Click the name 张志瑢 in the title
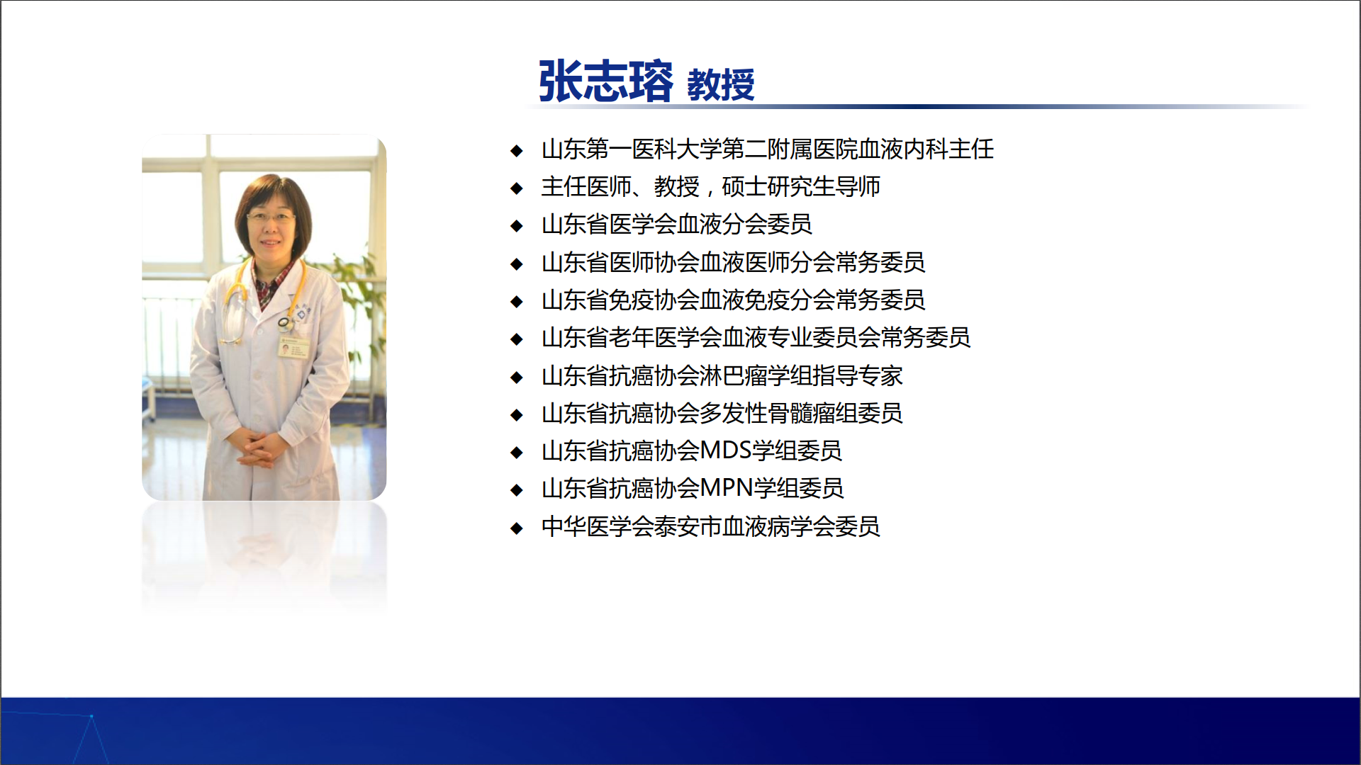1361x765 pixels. (606, 81)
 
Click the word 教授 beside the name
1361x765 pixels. (721, 85)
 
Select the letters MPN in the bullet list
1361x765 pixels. (726, 488)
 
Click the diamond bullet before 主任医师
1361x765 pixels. (517, 188)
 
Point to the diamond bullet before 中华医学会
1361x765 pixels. (517, 528)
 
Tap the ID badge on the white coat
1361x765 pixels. (293, 347)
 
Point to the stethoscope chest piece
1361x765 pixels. (285, 324)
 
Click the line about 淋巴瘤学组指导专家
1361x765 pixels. (722, 375)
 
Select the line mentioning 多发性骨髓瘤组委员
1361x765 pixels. (722, 413)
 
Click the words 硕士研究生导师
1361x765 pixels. (801, 187)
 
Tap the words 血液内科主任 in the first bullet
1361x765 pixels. (926, 149)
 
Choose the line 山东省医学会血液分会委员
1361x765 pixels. (676, 225)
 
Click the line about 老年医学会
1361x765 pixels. (756, 338)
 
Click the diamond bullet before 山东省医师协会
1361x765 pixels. (517, 263)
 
